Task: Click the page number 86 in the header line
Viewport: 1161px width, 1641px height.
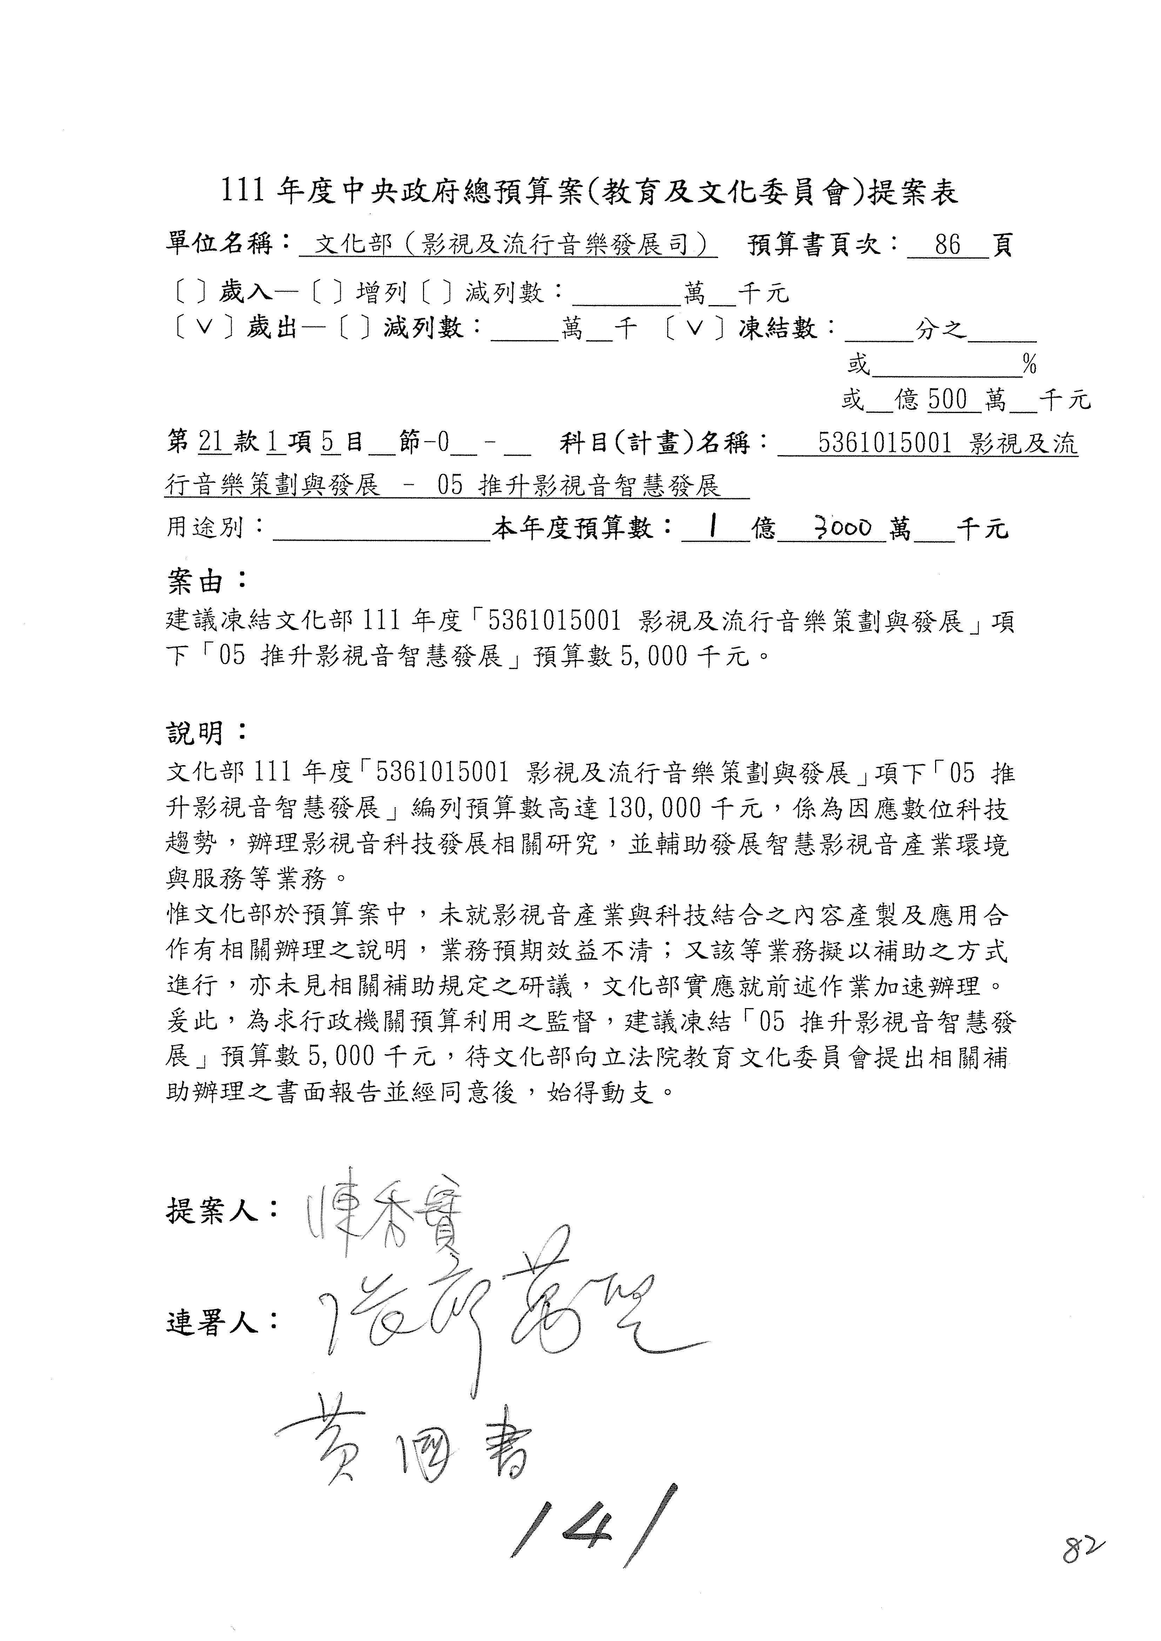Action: (947, 245)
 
